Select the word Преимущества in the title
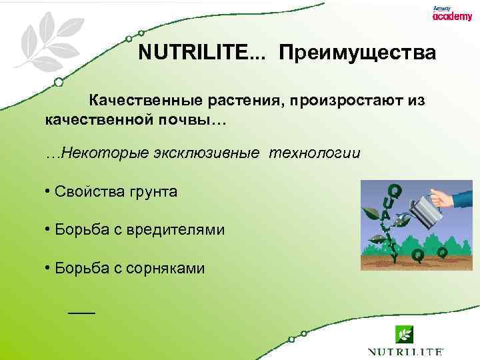click(x=357, y=53)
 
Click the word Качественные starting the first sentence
click(x=141, y=101)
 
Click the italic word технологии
click(x=315, y=153)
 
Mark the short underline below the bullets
click(x=82, y=312)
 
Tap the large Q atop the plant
click(x=395, y=191)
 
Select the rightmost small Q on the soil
click(x=441, y=253)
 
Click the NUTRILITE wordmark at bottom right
click(x=405, y=351)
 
